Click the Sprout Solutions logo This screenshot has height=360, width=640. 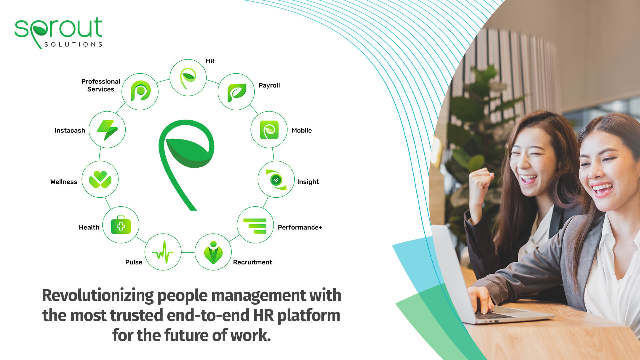tap(58, 33)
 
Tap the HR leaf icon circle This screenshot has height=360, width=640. tap(188, 78)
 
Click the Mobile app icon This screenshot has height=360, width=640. tap(269, 130)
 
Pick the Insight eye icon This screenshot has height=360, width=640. tap(276, 180)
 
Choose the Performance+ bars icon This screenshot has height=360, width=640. tap(255, 226)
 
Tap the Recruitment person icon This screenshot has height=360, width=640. tap(213, 252)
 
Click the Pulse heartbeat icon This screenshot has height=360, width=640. tap(163, 252)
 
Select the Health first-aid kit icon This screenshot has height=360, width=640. tap(121, 225)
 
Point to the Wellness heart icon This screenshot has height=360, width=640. tap(100, 179)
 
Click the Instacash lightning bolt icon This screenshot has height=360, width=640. tap(107, 130)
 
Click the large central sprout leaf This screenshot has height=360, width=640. tap(187, 165)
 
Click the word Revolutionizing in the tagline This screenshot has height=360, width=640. tap(98, 296)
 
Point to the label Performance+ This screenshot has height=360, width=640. tap(300, 227)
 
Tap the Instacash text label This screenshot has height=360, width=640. tap(70, 130)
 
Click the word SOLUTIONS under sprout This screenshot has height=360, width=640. tap(73, 44)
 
